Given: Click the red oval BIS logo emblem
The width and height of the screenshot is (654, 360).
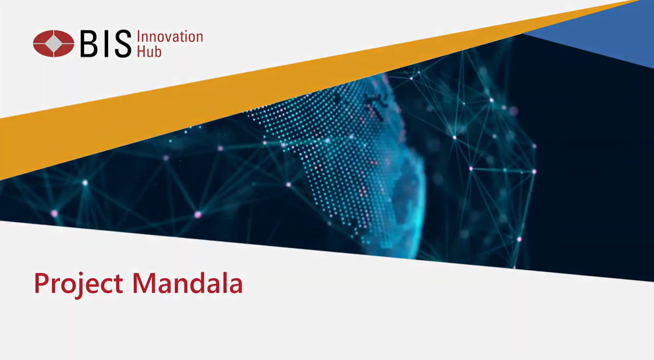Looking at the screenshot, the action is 53,43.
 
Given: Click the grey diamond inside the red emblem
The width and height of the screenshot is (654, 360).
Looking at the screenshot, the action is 53,43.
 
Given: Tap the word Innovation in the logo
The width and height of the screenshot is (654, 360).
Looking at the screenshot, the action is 170,37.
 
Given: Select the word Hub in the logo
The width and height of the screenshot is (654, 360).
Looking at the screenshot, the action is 149,52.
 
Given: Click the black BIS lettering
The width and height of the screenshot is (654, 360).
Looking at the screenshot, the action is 106,44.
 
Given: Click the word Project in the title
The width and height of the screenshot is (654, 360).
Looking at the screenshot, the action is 78,284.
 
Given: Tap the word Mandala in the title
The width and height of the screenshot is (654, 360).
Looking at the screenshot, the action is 187,283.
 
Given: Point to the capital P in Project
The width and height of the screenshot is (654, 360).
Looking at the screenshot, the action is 42,283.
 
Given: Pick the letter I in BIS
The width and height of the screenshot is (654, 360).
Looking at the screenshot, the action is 106,44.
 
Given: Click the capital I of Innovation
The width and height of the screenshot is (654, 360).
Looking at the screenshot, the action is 139,37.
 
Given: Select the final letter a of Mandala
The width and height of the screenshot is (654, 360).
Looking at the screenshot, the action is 235,286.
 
